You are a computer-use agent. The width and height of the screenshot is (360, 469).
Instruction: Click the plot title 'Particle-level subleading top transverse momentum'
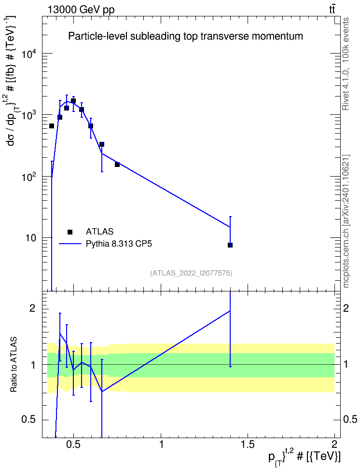point(185,36)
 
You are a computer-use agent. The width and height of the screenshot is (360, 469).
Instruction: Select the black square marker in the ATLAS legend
point(70,232)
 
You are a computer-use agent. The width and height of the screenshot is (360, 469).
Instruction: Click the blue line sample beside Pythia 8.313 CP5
point(70,244)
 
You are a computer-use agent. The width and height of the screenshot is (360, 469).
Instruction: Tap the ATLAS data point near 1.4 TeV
point(230,245)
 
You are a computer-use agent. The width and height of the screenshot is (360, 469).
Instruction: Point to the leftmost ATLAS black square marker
point(52,126)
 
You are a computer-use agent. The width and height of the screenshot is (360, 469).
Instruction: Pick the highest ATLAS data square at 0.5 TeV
point(73,101)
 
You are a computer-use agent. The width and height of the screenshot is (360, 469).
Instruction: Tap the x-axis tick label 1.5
point(248,444)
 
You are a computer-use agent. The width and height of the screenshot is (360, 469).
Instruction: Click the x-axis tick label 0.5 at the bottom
point(74,444)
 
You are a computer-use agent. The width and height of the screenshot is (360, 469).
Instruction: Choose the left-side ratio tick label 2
point(32,308)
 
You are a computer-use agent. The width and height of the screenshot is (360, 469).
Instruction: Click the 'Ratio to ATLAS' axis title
point(14,365)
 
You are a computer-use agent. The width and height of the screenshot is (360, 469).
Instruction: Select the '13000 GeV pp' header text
point(81,10)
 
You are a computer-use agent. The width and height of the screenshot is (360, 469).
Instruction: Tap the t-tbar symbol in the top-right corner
point(332,10)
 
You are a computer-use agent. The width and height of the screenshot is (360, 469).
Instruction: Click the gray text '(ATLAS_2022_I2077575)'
point(191,273)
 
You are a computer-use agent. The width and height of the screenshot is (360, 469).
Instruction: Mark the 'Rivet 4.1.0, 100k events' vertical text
point(346,64)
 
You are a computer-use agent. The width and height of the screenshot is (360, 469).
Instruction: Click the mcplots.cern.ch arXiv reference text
point(346,221)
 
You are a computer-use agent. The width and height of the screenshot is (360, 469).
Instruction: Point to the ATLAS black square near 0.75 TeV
point(117,165)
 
